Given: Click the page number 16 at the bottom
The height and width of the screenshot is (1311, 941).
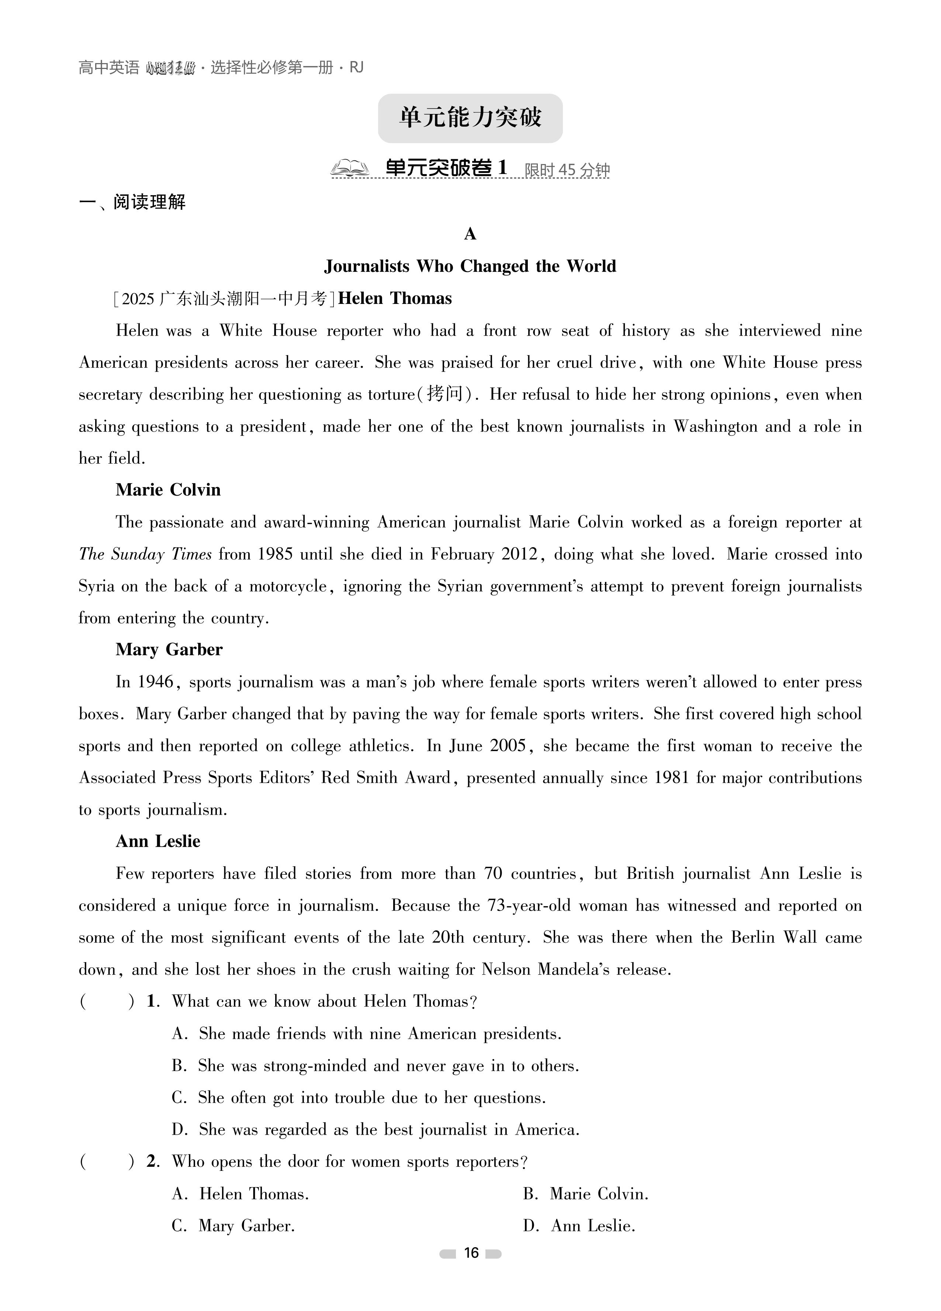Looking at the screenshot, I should pos(471,1253).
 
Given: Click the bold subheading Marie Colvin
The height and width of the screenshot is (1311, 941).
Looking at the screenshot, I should pos(168,490).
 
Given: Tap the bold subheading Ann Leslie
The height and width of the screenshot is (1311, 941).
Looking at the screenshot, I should pos(158,841).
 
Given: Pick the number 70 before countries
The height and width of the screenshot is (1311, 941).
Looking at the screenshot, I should pos(493,873).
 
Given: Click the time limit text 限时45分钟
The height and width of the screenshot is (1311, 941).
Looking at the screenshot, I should pos(567,170).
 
